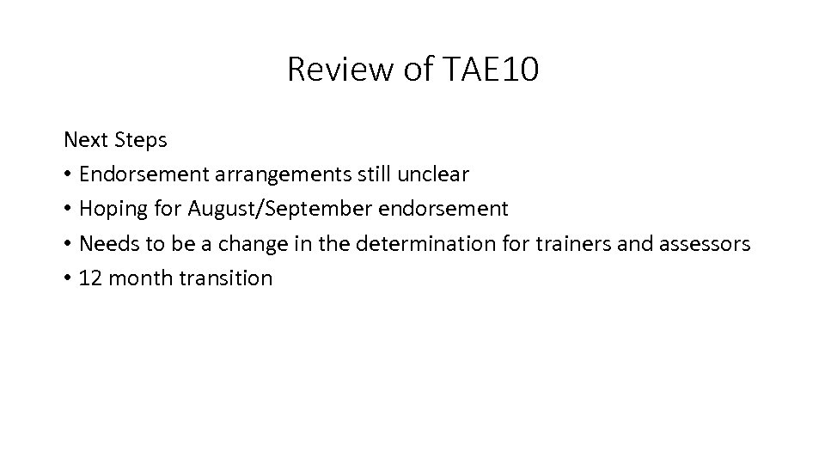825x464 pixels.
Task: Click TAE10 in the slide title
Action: click(492, 70)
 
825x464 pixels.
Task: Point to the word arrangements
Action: click(275, 174)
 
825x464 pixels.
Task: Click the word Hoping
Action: click(112, 209)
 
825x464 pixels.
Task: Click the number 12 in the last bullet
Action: click(89, 278)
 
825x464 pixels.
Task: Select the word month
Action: click(136, 278)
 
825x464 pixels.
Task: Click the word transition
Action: click(224, 278)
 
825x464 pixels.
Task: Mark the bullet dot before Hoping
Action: click(68, 210)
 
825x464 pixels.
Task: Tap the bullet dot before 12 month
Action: click(68, 279)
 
